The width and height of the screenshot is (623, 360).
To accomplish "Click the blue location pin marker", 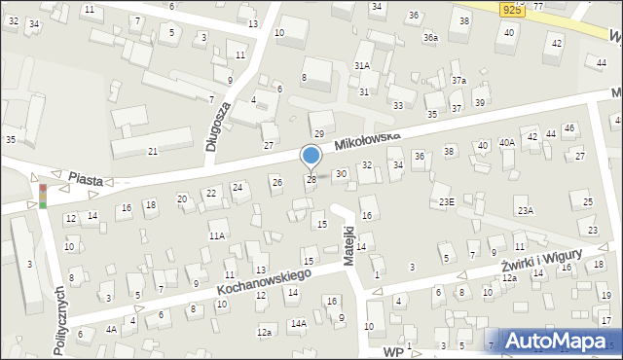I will (311, 156).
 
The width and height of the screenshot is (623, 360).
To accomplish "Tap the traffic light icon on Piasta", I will (42, 195).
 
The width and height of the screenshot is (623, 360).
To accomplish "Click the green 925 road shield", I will (514, 9).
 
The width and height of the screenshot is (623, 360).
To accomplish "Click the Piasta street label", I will (87, 179).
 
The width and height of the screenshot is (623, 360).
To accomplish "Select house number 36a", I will (430, 37).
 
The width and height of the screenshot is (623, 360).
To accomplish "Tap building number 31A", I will (362, 65).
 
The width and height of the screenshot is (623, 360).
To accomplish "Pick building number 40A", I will (507, 142).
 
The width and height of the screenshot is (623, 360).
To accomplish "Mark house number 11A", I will (217, 235).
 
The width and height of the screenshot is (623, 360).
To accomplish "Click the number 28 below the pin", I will (311, 179).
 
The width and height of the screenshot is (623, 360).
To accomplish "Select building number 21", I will (153, 151).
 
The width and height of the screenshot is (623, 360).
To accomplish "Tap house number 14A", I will (298, 323).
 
